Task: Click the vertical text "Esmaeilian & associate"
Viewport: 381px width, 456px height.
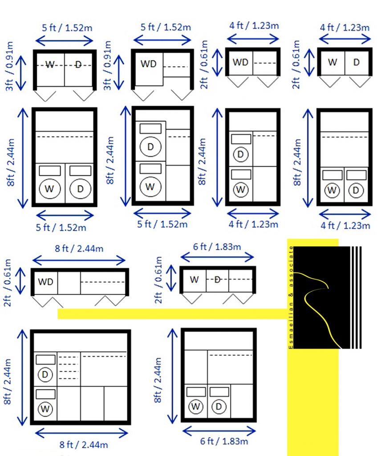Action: [x=291, y=297]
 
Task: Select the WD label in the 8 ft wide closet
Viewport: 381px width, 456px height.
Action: [x=46, y=281]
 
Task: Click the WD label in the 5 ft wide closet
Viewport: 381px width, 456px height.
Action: [x=149, y=64]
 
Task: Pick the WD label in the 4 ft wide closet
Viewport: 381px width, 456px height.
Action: [x=240, y=62]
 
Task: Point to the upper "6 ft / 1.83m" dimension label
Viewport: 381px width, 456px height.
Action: [x=217, y=247]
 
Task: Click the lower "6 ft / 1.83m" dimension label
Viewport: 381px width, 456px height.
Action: [x=224, y=441]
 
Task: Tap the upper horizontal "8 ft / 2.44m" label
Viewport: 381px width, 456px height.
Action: [x=79, y=248]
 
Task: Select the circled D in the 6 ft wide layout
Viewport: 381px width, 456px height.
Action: [x=219, y=407]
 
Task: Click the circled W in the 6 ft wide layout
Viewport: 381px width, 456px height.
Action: [x=195, y=407]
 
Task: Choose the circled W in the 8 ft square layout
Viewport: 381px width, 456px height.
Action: [x=45, y=409]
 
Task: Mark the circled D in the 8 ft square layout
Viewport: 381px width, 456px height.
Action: [x=45, y=374]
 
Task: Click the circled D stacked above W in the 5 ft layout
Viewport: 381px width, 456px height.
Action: [x=150, y=147]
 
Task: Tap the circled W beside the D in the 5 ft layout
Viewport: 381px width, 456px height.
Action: [x=50, y=189]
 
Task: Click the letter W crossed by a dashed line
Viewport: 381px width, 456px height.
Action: [x=50, y=65]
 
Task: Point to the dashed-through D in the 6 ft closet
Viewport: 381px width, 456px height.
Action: [x=217, y=280]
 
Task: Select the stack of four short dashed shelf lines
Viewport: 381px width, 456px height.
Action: [x=69, y=367]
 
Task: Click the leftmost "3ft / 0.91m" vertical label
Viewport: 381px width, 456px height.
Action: [x=10, y=66]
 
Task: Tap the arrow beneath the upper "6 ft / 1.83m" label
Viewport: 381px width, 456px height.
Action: [x=217, y=257]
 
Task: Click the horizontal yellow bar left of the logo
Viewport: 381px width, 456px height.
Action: [x=172, y=314]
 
